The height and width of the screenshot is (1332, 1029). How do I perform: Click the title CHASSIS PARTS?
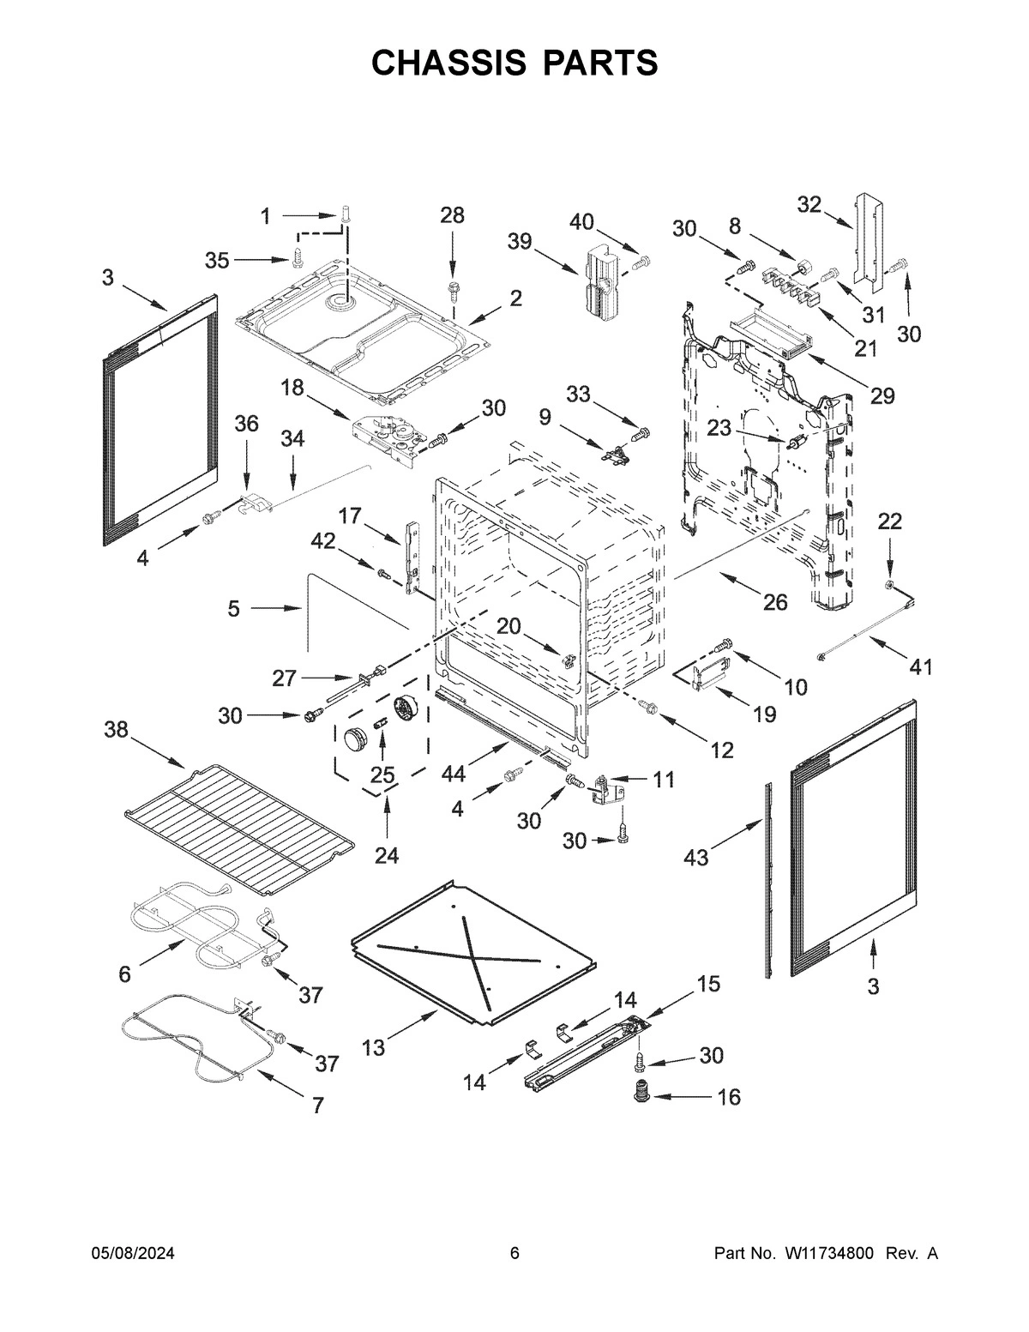(x=514, y=63)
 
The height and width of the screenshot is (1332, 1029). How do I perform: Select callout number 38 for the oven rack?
(x=117, y=730)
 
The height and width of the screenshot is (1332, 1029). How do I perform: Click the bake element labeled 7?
(x=197, y=1042)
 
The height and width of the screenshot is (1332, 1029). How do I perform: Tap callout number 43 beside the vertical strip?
(x=695, y=856)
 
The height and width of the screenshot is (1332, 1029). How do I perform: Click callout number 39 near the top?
(x=520, y=241)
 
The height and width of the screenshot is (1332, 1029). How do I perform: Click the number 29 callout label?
(x=882, y=395)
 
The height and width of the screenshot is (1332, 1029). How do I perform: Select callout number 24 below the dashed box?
(x=386, y=855)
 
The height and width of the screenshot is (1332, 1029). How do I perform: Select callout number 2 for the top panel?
(x=515, y=298)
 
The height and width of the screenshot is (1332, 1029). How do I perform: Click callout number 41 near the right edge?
(x=920, y=666)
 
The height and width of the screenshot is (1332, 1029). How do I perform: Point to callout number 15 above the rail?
(x=708, y=984)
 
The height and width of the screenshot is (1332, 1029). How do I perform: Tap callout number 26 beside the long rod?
(x=774, y=602)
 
